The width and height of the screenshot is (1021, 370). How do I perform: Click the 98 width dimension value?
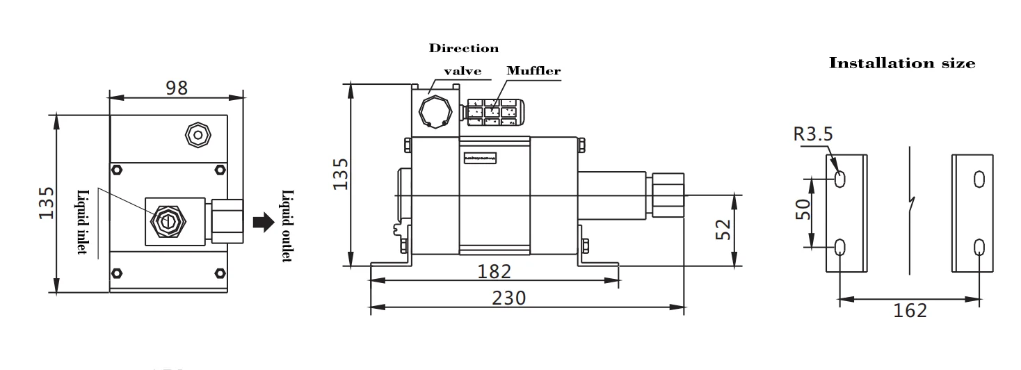coord(177,88)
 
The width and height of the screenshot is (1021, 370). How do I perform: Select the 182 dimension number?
coord(494,271)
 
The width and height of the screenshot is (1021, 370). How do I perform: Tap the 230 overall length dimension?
coord(508,298)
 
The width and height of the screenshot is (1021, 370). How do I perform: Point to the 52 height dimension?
coord(723,230)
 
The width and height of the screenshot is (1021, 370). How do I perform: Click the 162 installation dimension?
coord(910,311)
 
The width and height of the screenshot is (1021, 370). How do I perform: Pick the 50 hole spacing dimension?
coord(803,209)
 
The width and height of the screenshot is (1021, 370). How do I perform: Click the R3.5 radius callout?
coord(813,134)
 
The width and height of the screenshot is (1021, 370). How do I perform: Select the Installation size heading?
coord(902,63)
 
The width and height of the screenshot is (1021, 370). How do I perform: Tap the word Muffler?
coord(533,71)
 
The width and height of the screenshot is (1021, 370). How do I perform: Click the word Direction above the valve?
coord(463,48)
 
